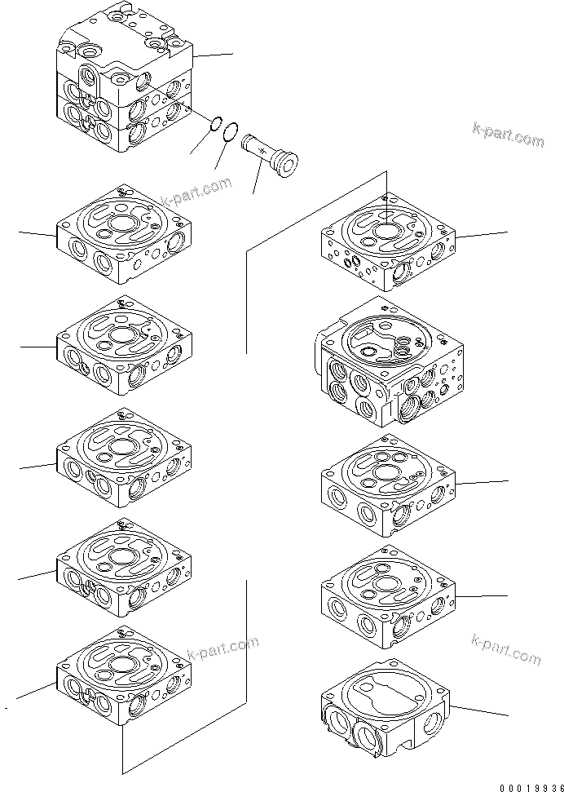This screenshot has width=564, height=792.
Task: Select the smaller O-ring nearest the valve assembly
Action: coord(217,124)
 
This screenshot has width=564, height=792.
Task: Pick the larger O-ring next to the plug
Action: coord(231,131)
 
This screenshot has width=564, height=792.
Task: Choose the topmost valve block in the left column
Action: coord(124,234)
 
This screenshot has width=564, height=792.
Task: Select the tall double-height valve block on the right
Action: coord(387,362)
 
